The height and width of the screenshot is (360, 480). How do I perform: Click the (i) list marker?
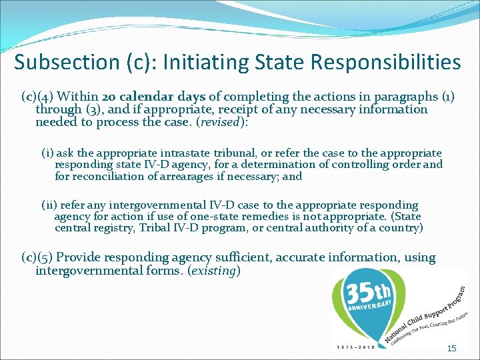[x=48, y=153]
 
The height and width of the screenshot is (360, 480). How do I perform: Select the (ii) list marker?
[x=49, y=205]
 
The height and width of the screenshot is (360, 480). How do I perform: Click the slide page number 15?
[x=451, y=348]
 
